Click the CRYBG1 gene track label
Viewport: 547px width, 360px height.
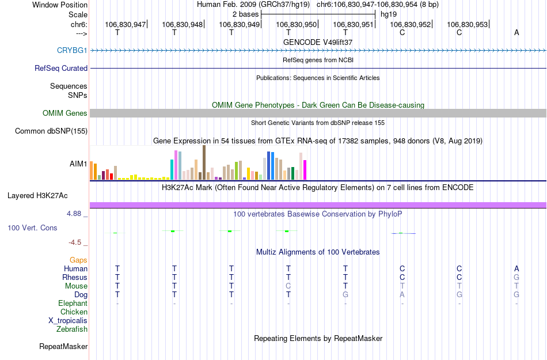72,50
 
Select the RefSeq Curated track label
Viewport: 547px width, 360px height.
61,68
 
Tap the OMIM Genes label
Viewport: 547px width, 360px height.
65,113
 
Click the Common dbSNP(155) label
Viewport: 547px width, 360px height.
51,131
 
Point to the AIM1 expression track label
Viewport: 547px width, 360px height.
78,164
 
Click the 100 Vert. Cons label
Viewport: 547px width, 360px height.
32,228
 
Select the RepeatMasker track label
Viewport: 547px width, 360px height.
63,347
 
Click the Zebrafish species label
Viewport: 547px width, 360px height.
72,329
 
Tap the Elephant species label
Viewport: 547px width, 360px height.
73,303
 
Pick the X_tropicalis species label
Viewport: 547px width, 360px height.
68,320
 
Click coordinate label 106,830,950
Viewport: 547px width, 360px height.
297,24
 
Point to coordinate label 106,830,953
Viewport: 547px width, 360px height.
467,24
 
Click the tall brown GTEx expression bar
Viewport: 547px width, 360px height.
204,163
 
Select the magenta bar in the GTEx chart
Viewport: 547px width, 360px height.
305,170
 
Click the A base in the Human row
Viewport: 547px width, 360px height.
516,268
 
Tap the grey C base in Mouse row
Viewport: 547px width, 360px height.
288,286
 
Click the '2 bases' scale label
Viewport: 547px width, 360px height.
245,13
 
